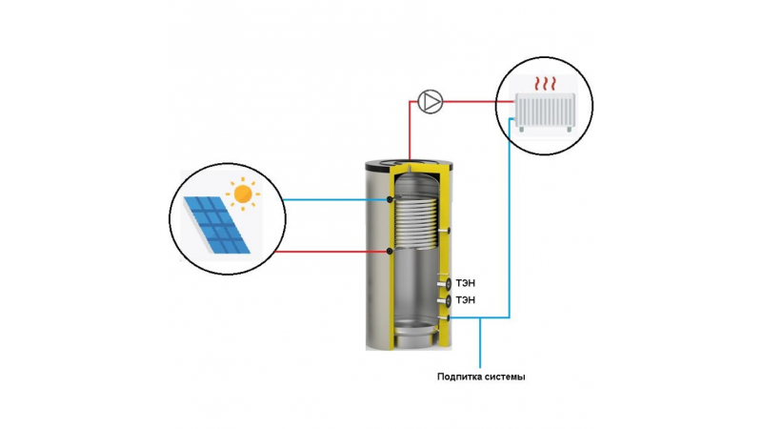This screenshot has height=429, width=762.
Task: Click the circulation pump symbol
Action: coord(431,102)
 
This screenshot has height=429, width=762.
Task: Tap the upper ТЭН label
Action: coord(466,283)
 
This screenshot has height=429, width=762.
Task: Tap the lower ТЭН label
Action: coord(466,300)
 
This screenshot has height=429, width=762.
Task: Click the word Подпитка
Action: coord(458,377)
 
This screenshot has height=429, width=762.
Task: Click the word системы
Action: coord(504,377)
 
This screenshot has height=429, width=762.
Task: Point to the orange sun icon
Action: coord(243,194)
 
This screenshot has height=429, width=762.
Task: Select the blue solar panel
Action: coord(217,225)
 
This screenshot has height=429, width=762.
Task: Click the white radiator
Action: coord(545,111)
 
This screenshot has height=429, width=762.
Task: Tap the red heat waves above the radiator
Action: coord(545,83)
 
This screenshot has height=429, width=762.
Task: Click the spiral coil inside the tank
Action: coord(417,220)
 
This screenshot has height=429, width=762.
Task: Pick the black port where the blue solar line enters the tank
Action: coord(390,199)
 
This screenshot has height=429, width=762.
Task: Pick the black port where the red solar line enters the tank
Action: coord(390,251)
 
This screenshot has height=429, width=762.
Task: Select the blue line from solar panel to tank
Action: coord(335,199)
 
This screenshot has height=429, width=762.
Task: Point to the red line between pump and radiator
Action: coord(479,102)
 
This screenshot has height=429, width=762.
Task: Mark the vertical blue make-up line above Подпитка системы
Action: coord(480,342)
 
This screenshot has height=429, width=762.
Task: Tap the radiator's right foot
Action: coord(569,130)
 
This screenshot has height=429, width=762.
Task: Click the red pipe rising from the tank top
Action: coord(410,131)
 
